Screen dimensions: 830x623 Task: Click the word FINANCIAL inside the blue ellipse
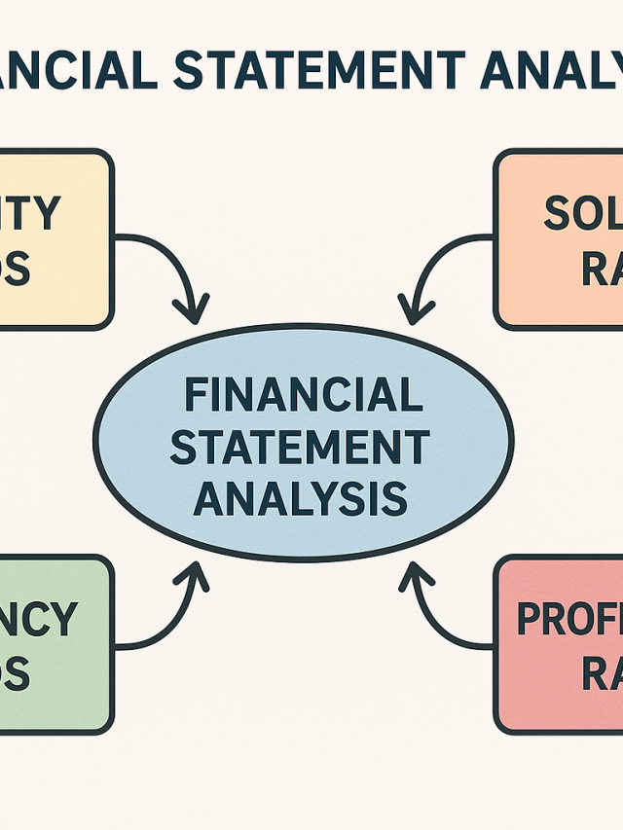[x=303, y=396]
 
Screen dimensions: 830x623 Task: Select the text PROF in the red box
[x=568, y=619]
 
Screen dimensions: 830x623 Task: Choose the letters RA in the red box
[x=602, y=673]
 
